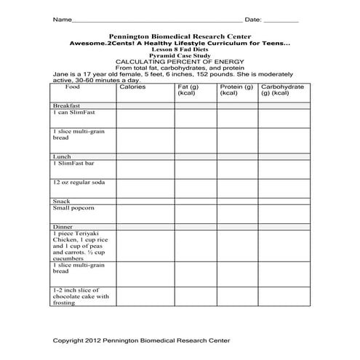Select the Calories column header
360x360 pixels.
pyautogui.click(x=132, y=87)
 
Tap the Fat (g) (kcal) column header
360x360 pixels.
pyautogui.click(x=188, y=90)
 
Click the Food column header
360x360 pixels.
pyautogui.click(x=72, y=87)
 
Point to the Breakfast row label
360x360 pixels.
pyautogui.click(x=66, y=105)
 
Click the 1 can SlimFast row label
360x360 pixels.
pyautogui.click(x=74, y=113)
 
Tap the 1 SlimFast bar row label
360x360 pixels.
pyautogui.click(x=76, y=164)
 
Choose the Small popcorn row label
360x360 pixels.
pyautogui.click(x=73, y=208)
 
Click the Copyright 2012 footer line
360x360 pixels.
pyautogui.click(x=142, y=340)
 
